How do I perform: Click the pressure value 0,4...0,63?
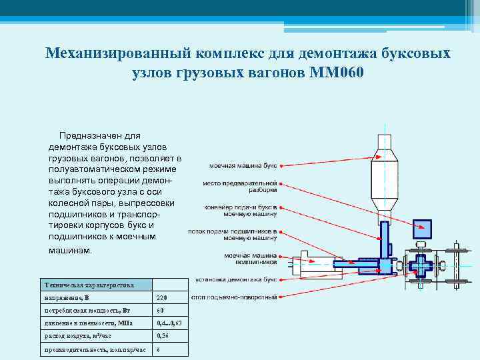[x=169, y=323]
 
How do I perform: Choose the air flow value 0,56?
[x=163, y=337]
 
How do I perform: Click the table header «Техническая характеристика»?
[x=88, y=285]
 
